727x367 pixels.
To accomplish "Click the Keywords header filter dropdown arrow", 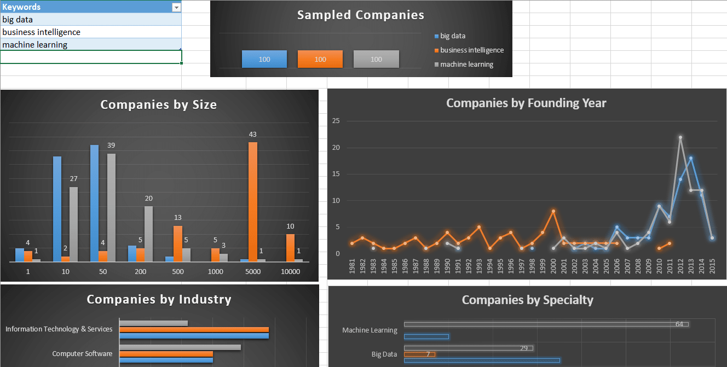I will pos(176,7).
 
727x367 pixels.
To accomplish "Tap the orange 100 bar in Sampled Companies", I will pos(320,59).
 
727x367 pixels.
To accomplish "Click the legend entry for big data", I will pos(452,36).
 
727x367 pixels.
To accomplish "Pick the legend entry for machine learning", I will pos(466,65).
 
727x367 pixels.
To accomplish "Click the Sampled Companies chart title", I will pos(361,15).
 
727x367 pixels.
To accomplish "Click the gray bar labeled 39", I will pos(111,207).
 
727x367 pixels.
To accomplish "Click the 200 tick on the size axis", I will pos(140,271).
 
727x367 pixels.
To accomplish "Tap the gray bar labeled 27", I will pos(73,224).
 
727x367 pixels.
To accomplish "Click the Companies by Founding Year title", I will pos(526,103).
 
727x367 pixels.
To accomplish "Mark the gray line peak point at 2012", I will pos(680,137).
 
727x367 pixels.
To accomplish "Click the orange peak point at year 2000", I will pos(553,211).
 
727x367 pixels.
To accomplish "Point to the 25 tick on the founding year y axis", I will pos(336,121).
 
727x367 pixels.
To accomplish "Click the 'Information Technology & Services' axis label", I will pos(59,329).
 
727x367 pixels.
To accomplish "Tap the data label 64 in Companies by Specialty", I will pos(679,324).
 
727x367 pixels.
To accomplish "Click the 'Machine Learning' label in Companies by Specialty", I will pos(370,330).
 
